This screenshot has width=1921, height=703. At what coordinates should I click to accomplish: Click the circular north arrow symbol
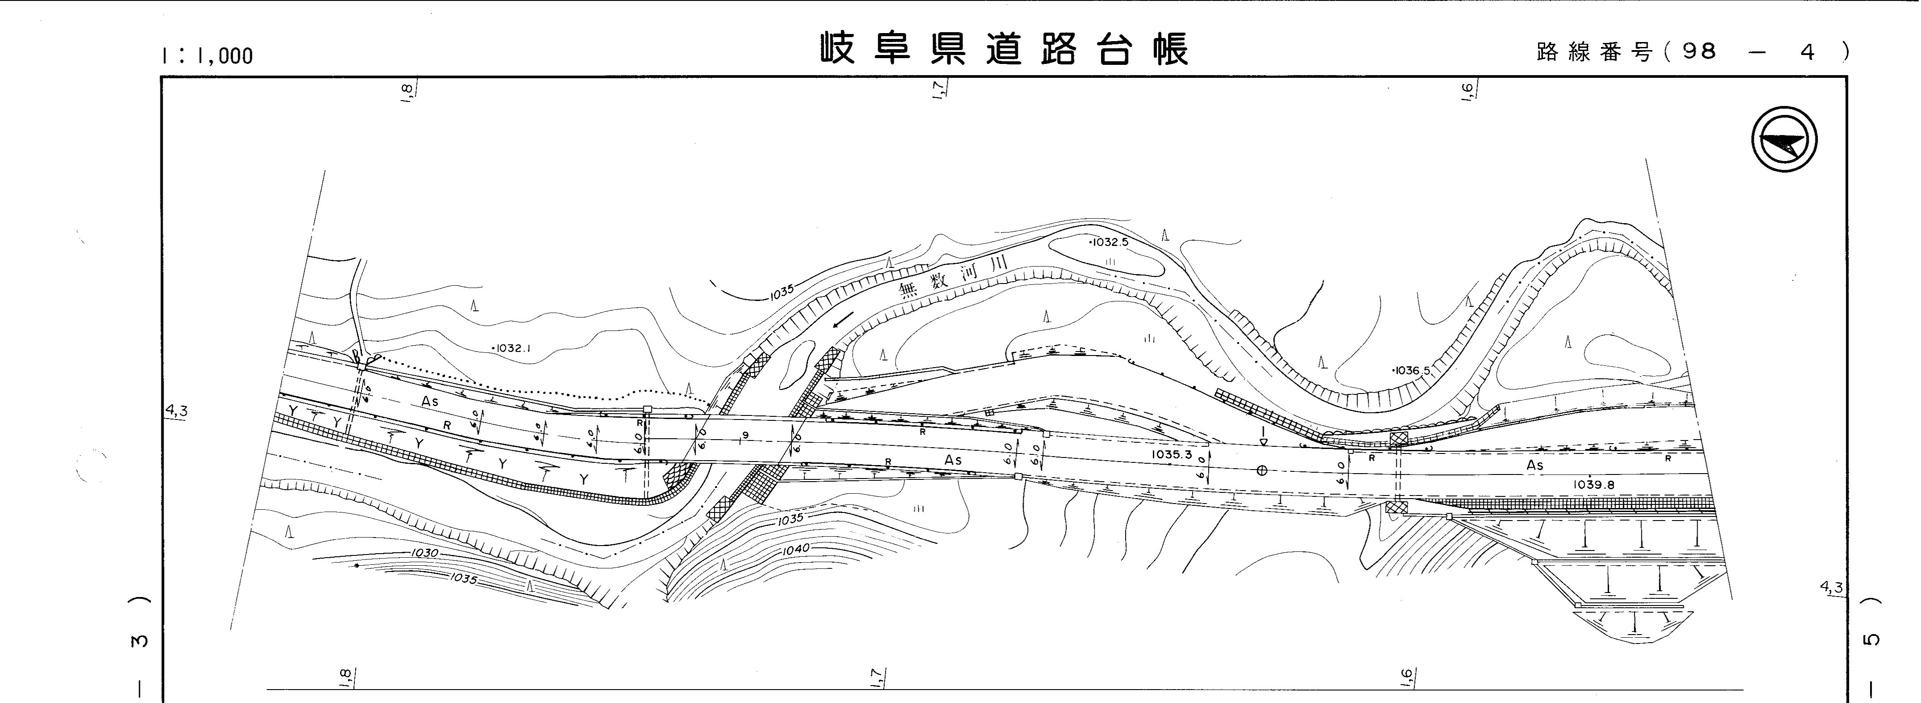(x=1784, y=140)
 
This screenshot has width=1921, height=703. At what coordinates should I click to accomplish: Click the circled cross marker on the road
(x=1262, y=470)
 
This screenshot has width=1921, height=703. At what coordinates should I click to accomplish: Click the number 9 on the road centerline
(x=745, y=435)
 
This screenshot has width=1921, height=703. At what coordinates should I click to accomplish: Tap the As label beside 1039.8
(x=1534, y=465)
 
